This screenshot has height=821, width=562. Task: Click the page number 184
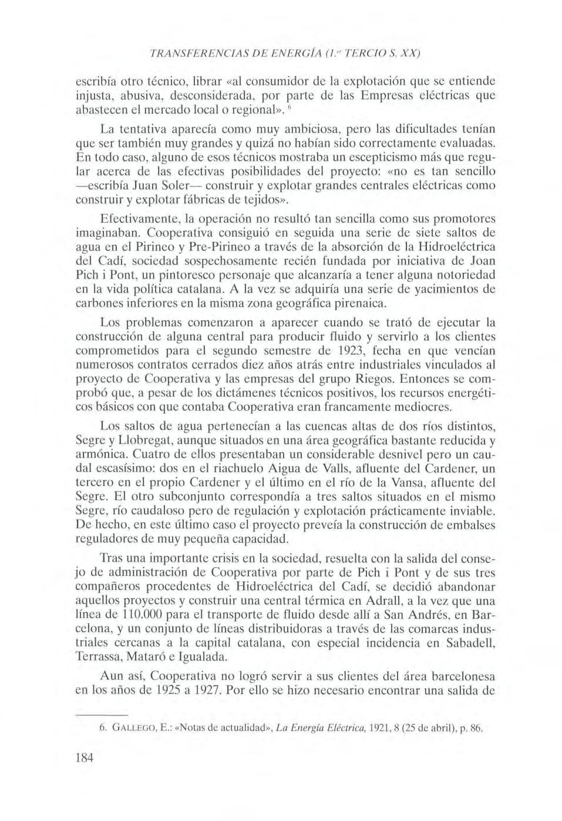pos(85,757)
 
